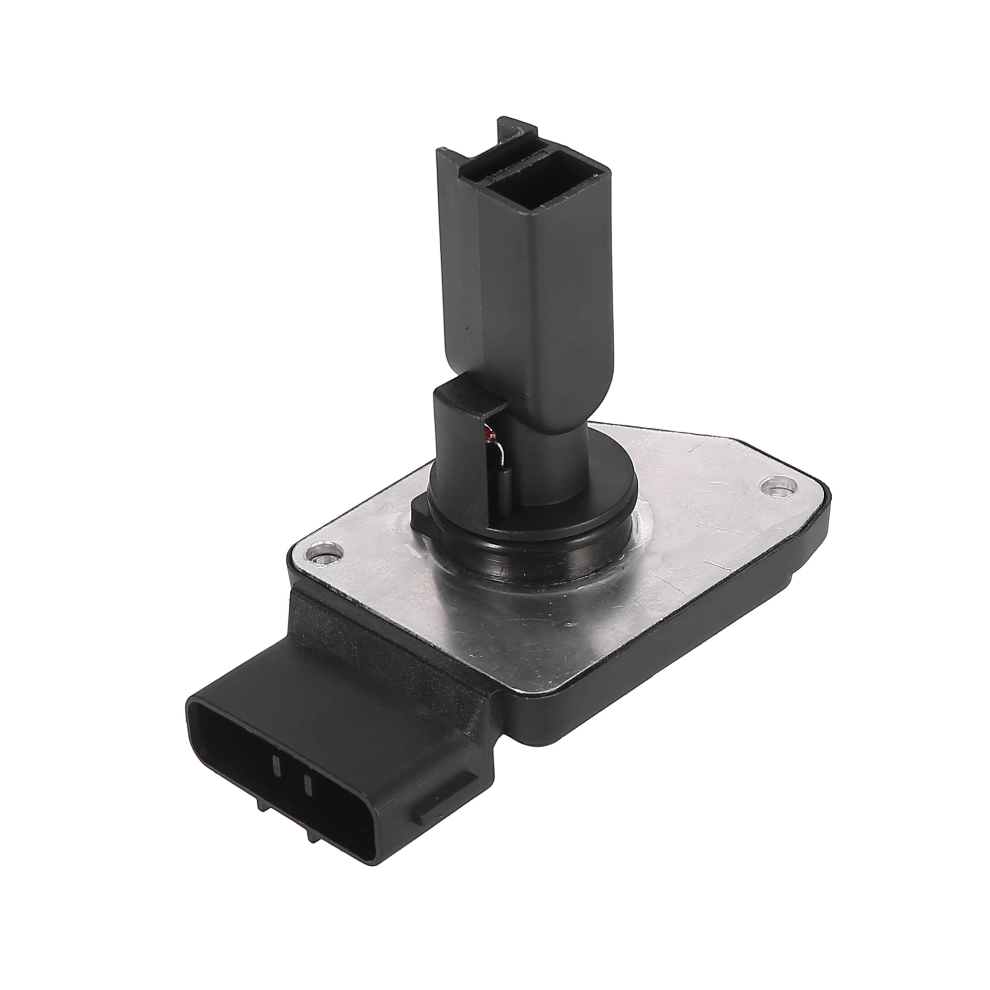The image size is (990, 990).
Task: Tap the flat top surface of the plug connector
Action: click(x=353, y=682)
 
